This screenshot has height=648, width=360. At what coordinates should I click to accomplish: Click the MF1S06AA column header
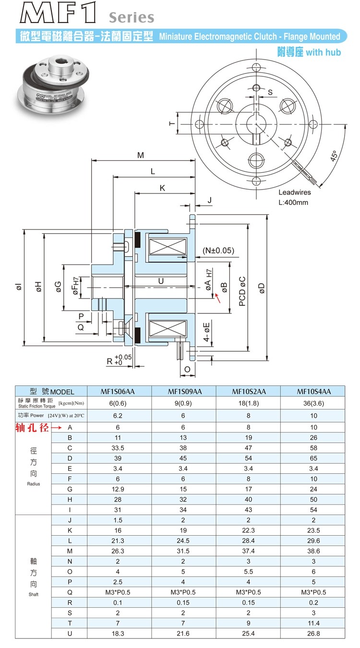pyautogui.click(x=118, y=391)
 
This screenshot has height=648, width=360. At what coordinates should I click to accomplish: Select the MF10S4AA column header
pyautogui.click(x=314, y=391)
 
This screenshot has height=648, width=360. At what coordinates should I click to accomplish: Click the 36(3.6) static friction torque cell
pyautogui.click(x=314, y=403)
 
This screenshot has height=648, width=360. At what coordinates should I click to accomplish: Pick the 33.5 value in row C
pyautogui.click(x=118, y=447)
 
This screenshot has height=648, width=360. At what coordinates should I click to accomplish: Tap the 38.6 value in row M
pyautogui.click(x=314, y=551)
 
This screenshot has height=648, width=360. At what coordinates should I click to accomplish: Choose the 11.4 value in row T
pyautogui.click(x=314, y=623)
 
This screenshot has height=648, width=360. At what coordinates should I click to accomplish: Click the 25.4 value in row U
pyautogui.click(x=248, y=634)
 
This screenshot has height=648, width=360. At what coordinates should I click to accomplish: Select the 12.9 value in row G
pyautogui.click(x=118, y=489)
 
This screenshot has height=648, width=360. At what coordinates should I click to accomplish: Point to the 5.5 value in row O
pyautogui.click(x=248, y=571)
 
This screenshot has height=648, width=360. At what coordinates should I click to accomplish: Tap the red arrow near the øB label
pyautogui.click(x=218, y=298)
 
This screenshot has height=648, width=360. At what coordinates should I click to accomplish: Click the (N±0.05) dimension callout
pyautogui.click(x=218, y=250)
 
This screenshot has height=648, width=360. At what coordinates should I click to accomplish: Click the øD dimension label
pyautogui.click(x=262, y=288)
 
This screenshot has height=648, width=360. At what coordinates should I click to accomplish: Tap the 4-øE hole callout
pyautogui.click(x=207, y=332)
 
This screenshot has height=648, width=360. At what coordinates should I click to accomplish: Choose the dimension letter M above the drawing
pyautogui.click(x=140, y=155)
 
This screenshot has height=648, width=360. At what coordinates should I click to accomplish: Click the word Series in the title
pyautogui.click(x=131, y=18)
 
